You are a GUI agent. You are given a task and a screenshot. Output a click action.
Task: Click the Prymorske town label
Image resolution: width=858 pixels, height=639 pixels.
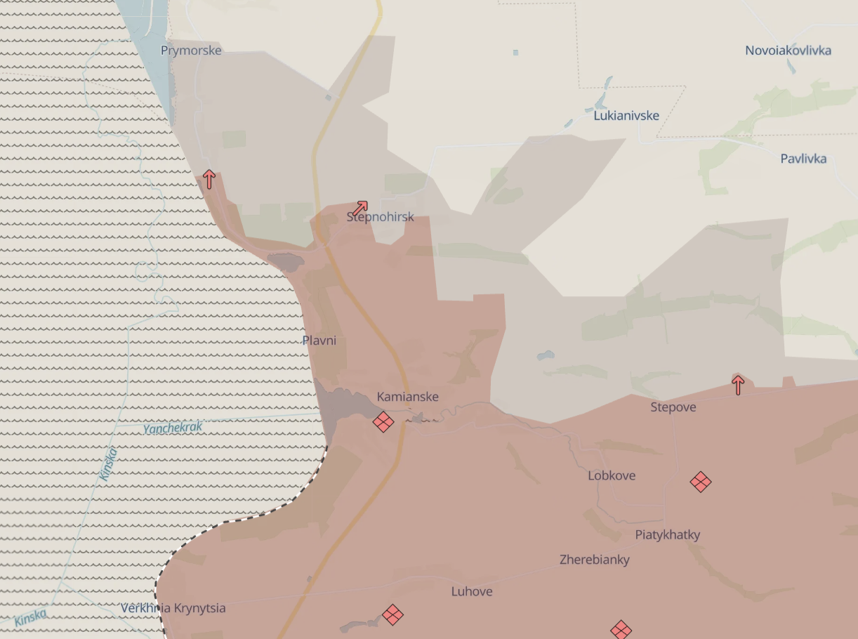(x=191, y=51)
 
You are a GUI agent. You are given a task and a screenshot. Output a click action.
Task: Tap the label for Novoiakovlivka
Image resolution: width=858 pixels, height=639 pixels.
(x=788, y=51)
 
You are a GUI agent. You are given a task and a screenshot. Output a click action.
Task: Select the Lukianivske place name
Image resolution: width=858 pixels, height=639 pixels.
(x=626, y=116)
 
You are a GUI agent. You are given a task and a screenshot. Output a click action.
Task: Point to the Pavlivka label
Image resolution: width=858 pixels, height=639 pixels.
(x=803, y=159)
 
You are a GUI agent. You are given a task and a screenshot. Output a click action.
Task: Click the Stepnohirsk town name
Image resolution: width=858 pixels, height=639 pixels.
(x=380, y=217)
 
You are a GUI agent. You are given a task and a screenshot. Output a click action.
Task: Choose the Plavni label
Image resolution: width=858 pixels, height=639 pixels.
(x=319, y=341)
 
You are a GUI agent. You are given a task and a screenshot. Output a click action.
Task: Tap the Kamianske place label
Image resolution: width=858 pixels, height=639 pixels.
(x=407, y=397)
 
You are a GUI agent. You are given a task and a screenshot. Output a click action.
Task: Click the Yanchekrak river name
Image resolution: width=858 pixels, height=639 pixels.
(x=173, y=428)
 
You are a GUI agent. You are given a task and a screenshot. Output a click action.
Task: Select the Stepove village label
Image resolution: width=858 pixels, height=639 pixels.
(x=673, y=407)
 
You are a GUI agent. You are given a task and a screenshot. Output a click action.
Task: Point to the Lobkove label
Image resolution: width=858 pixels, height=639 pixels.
(x=612, y=475)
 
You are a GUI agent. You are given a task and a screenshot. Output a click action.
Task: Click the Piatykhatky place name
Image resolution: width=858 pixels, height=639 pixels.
(x=668, y=534)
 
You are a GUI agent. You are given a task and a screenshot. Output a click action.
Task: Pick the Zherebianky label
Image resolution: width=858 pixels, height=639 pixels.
(x=594, y=560)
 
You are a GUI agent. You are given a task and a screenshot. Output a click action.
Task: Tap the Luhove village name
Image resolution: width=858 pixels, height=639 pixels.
(x=472, y=591)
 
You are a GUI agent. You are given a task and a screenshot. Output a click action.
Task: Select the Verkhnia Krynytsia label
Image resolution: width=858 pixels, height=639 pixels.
(x=173, y=608)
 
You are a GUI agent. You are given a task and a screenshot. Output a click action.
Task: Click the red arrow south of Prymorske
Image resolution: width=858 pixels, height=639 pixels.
(x=209, y=178)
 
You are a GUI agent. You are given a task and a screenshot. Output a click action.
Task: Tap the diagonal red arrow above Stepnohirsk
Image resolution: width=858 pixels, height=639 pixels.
(x=360, y=207)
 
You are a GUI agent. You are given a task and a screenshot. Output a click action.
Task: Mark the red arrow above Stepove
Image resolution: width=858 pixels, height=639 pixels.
(x=738, y=384)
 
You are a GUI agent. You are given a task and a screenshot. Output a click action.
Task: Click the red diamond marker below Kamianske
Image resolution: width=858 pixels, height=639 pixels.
(x=383, y=422)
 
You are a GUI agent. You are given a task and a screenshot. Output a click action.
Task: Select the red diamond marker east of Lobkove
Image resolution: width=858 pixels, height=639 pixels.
(x=701, y=482)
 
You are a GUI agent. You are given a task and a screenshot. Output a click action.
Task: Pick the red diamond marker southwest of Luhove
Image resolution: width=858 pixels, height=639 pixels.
(x=392, y=615)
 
